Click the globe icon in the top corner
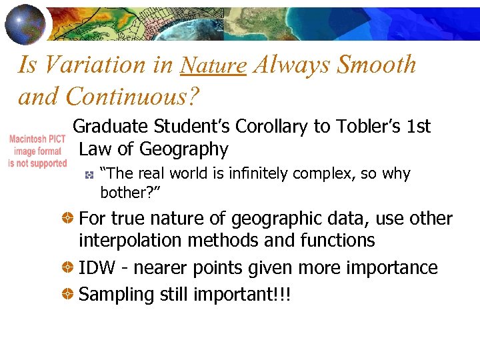(x=25, y=23)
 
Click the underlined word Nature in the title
(x=213, y=65)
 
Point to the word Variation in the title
(x=85, y=65)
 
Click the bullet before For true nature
(x=68, y=219)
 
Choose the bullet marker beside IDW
(x=68, y=268)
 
